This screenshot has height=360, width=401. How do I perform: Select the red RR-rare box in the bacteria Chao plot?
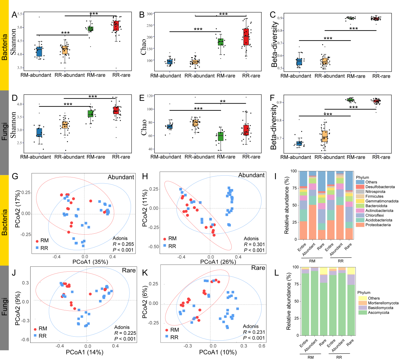click(246, 37)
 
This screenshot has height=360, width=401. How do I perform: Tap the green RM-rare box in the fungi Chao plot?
click(220, 136)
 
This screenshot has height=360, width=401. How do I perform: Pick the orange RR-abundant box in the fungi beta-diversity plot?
click(325, 136)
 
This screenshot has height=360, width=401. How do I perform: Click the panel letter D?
click(14, 98)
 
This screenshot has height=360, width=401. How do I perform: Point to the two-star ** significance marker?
click(223, 101)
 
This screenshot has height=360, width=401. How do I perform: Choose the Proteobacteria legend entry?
click(378, 225)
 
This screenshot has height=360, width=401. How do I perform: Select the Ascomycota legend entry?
click(378, 313)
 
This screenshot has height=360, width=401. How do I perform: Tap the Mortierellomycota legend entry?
click(383, 303)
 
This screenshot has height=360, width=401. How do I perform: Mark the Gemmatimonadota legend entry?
click(382, 201)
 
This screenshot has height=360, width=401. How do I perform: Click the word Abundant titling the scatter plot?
click(121, 177)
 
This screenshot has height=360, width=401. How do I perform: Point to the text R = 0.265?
click(123, 244)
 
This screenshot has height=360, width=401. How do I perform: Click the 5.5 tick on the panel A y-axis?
click(20, 14)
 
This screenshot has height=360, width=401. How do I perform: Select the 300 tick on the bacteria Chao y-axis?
click(149, 14)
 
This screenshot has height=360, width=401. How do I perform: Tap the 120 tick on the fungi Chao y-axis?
click(150, 96)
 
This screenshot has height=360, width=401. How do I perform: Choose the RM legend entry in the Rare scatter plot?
click(42, 328)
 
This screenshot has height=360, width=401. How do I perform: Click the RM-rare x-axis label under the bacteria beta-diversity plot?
click(356, 76)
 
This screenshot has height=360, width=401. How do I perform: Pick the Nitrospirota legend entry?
click(375, 192)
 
